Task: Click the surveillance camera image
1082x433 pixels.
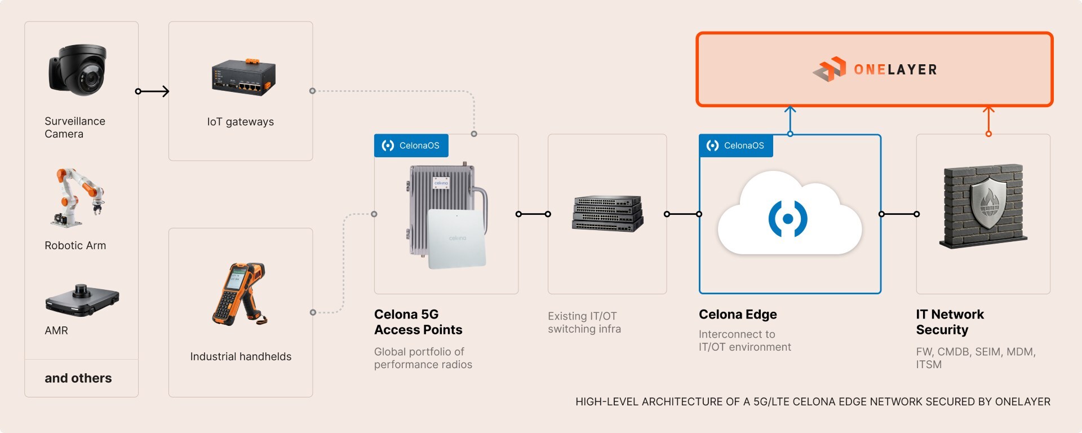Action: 78,69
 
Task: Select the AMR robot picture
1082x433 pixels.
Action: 82,299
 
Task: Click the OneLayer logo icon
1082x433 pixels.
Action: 830,69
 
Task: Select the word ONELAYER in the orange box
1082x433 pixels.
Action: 895,70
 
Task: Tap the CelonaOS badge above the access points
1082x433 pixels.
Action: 411,145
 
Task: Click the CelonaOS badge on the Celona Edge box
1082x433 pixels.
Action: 736,145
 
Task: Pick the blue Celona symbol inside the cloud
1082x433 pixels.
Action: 788,219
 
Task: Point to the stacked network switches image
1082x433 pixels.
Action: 607,214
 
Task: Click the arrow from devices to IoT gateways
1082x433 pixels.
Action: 153,91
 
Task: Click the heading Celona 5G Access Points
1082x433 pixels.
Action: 418,322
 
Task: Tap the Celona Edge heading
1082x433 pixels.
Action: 738,315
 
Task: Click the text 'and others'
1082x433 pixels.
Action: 78,378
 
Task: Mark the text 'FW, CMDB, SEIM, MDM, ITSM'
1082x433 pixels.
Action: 975,358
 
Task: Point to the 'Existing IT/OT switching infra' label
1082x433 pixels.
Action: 584,322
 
